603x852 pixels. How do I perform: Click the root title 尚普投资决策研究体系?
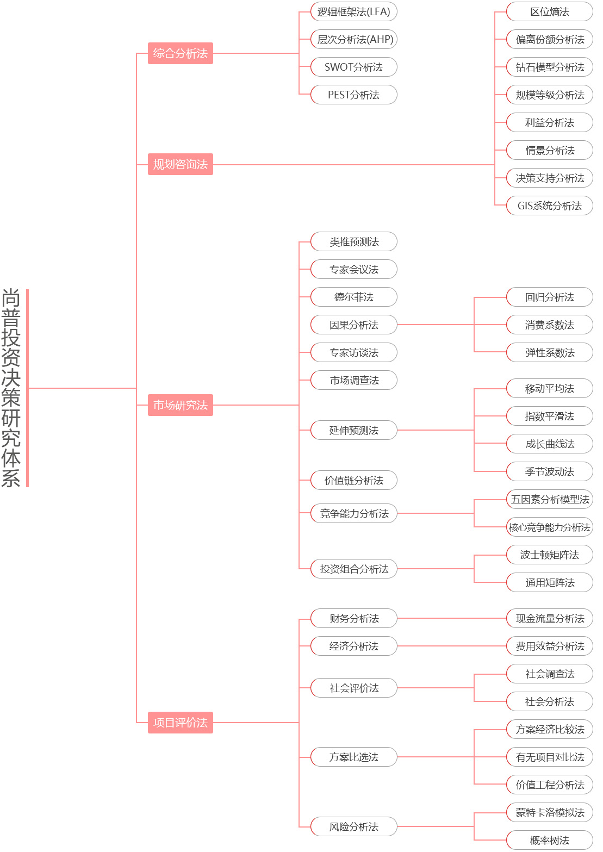tap(11, 388)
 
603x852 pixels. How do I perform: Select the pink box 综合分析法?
tap(180, 53)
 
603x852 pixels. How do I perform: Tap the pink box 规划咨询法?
tap(180, 164)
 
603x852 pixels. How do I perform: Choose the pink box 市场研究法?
tap(180, 405)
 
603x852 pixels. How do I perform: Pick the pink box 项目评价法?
tap(180, 723)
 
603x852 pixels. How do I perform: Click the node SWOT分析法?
tap(353, 67)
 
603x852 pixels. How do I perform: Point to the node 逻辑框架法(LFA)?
tap(353, 12)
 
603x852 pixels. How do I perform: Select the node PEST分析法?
tap(353, 95)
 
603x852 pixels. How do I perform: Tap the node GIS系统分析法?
tap(549, 206)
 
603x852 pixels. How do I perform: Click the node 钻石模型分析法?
tap(549, 67)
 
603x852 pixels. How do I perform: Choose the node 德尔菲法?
tap(353, 297)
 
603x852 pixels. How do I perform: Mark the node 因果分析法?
tap(353, 325)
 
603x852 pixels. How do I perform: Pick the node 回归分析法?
tap(549, 297)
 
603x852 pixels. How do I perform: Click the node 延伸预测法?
tap(353, 431)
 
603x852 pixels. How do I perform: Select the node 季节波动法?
tap(549, 472)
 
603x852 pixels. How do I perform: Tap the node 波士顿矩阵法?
tap(549, 555)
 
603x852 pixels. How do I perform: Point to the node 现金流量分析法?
tap(549, 619)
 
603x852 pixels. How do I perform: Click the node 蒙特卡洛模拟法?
tap(549, 813)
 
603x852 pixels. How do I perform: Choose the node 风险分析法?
tap(353, 827)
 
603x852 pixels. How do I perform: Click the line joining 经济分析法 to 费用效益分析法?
tap(451, 646)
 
